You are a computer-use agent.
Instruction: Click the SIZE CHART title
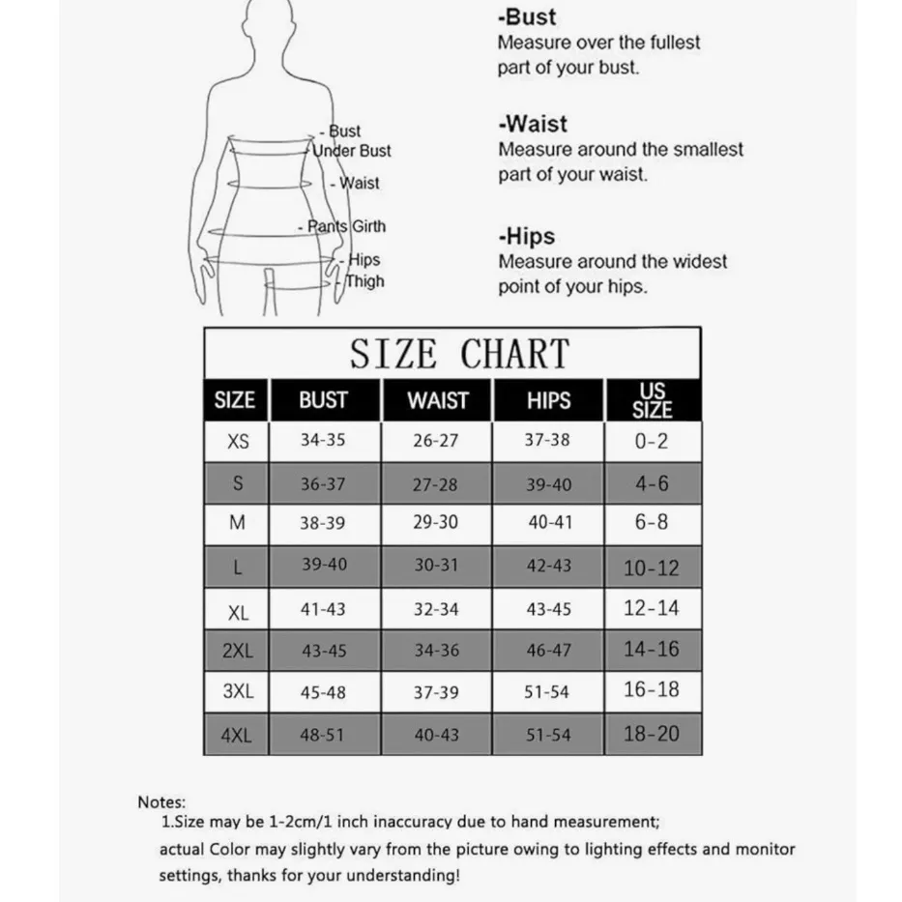click(x=459, y=355)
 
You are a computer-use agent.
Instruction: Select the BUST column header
click(x=323, y=400)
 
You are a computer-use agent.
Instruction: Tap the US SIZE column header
click(x=652, y=400)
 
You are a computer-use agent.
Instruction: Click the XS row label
click(x=238, y=441)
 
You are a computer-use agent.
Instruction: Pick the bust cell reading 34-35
click(x=323, y=440)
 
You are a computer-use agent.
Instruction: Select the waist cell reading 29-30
click(x=436, y=522)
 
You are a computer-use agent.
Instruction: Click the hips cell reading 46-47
click(x=548, y=651)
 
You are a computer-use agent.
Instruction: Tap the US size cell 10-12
click(x=652, y=567)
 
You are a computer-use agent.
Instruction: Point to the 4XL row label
click(x=237, y=735)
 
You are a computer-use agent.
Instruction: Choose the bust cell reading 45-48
click(x=323, y=692)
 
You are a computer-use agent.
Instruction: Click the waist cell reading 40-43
click(x=436, y=735)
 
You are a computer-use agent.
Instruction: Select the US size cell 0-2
click(x=652, y=441)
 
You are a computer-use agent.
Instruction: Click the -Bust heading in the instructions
click(x=527, y=16)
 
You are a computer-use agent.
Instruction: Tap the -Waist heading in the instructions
click(x=533, y=124)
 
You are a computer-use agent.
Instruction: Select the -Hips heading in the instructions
click(x=527, y=236)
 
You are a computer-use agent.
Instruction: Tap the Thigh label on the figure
click(x=364, y=281)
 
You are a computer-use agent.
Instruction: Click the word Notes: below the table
click(x=161, y=801)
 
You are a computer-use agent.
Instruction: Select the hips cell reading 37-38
click(x=547, y=440)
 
